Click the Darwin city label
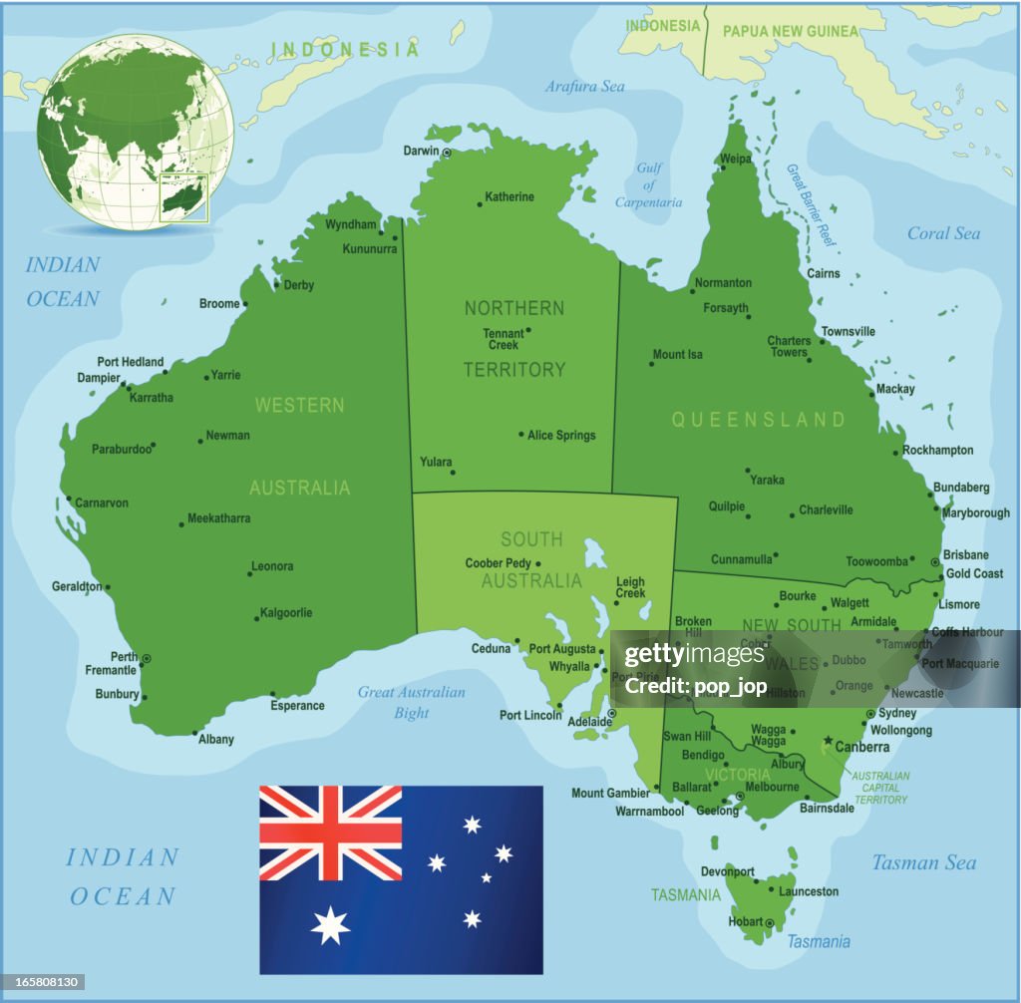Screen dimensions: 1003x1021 coord(420,151)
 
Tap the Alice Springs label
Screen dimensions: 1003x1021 coord(561,435)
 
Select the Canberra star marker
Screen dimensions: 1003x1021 coord(828,740)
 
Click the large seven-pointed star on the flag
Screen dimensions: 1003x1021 coord(330,926)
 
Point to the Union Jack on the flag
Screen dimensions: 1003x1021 coord(331,833)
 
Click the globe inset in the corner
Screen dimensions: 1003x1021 coord(135,133)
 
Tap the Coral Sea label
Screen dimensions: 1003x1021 coord(943,233)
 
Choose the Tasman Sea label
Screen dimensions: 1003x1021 coord(923,862)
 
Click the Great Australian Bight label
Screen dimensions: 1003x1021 coord(412,702)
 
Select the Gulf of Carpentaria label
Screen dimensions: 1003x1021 coord(648,185)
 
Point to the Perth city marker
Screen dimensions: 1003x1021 coord(147,658)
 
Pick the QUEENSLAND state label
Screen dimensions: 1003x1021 coord(758,420)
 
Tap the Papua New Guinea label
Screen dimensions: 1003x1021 coord(790,31)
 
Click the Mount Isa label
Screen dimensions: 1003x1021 coord(678,354)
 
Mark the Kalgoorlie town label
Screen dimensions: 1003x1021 coord(286,612)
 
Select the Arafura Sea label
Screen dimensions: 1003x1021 coord(584,87)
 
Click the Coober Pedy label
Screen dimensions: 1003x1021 coord(498,563)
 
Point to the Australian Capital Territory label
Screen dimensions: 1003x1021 coord(880,787)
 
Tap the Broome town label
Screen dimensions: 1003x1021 coord(219,303)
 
